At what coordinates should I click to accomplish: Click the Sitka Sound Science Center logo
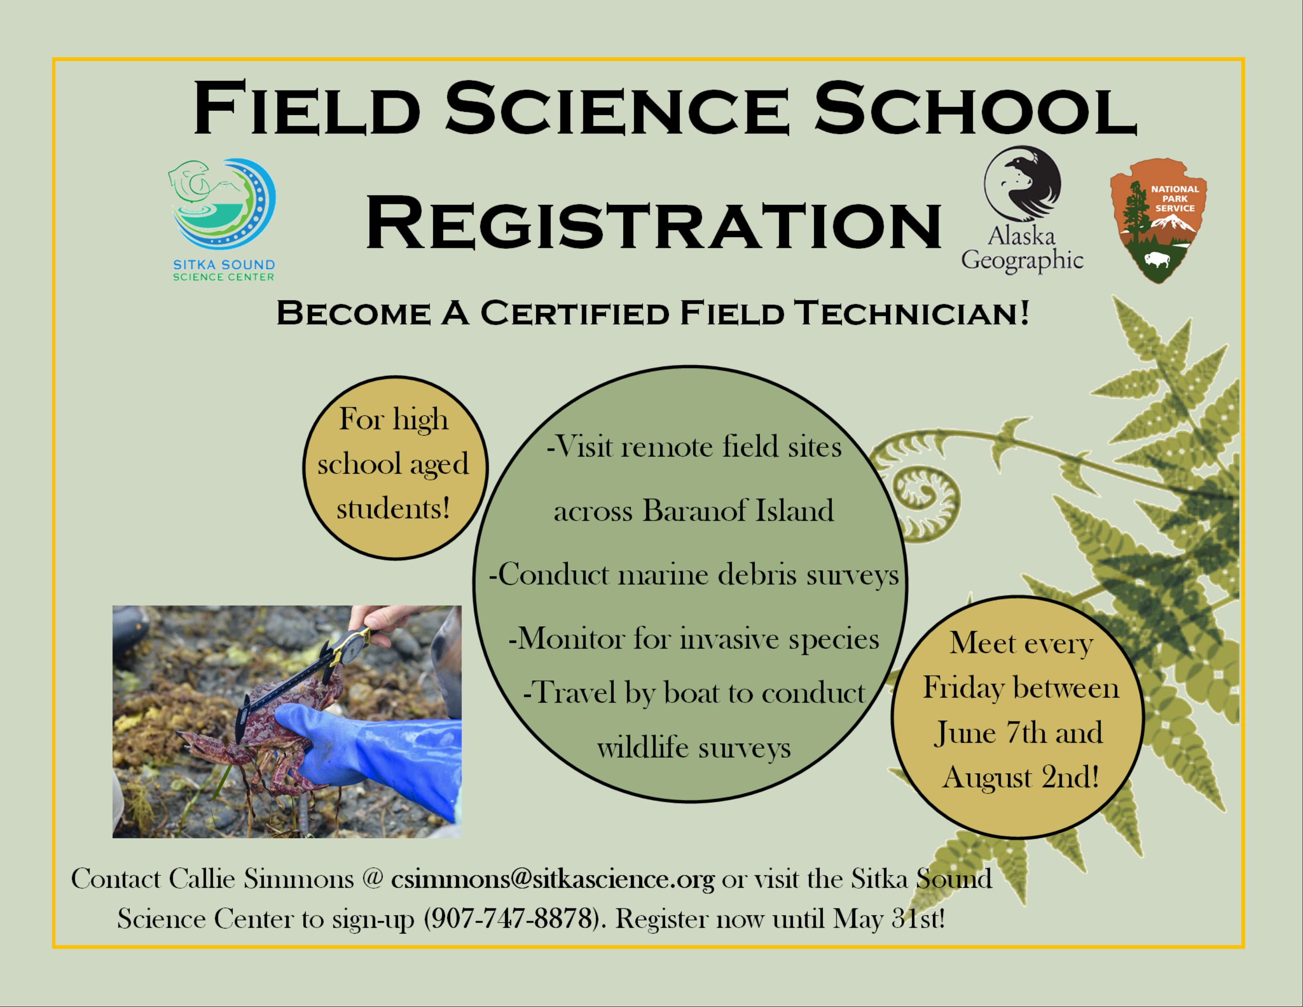coord(223,220)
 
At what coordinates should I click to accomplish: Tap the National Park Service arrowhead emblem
coord(1158,220)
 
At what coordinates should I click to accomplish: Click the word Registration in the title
coord(653,223)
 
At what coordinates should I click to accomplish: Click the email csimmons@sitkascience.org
coord(552,880)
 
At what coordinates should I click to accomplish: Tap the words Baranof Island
coord(738,511)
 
